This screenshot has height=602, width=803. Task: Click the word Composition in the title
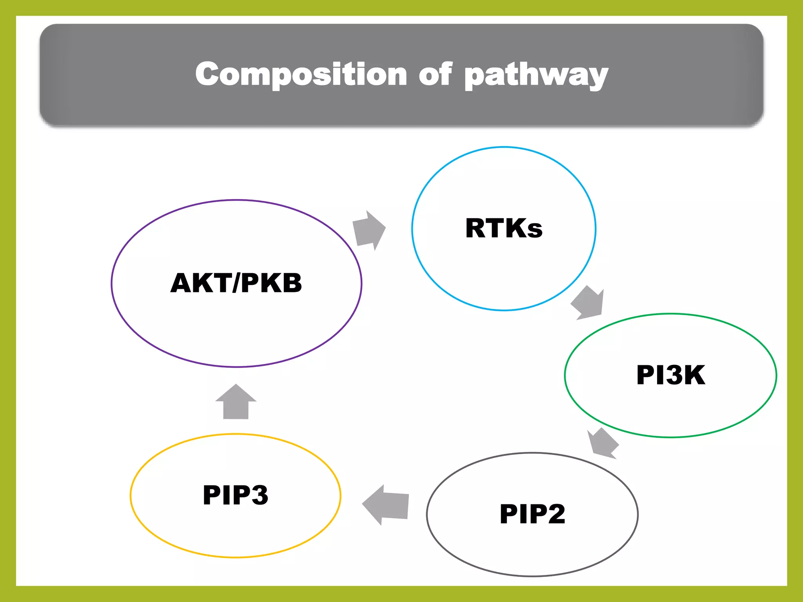tap(301, 74)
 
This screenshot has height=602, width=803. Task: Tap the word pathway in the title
tap(536, 75)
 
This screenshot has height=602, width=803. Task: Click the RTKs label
tap(504, 228)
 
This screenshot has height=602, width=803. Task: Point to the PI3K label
tap(670, 375)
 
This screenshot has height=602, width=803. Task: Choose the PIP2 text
tap(532, 514)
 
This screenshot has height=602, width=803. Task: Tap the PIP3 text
tap(235, 495)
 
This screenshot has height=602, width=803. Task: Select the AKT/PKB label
tap(236, 283)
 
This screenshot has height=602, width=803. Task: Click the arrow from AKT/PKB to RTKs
tap(369, 230)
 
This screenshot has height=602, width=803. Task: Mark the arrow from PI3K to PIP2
tap(603, 443)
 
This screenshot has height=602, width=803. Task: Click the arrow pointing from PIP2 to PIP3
tap(385, 505)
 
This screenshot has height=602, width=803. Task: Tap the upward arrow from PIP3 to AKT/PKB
tap(236, 402)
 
